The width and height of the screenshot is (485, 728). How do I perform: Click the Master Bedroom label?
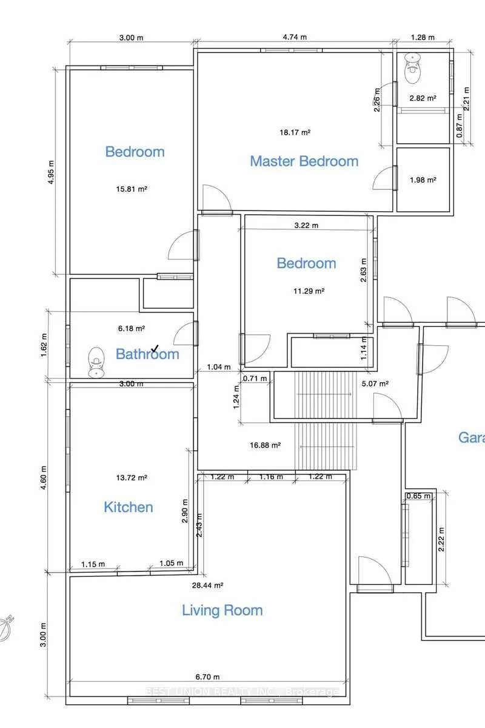pyautogui.click(x=304, y=161)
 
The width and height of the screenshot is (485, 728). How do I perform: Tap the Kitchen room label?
pyautogui.click(x=129, y=507)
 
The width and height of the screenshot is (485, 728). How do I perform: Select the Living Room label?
pyautogui.click(x=222, y=610)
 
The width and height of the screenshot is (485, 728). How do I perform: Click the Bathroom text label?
pyautogui.click(x=147, y=354)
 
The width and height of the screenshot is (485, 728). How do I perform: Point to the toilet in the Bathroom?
pyautogui.click(x=96, y=362)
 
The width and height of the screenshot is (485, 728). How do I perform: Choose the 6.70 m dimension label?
pyautogui.click(x=207, y=677)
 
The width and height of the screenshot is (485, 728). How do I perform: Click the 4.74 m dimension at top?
pyautogui.click(x=295, y=37)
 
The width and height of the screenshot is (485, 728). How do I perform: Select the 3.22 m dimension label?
pyautogui.click(x=306, y=225)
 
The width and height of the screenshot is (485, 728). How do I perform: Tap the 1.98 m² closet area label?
pyautogui.click(x=423, y=180)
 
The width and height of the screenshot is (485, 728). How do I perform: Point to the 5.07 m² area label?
pyautogui.click(x=375, y=383)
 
